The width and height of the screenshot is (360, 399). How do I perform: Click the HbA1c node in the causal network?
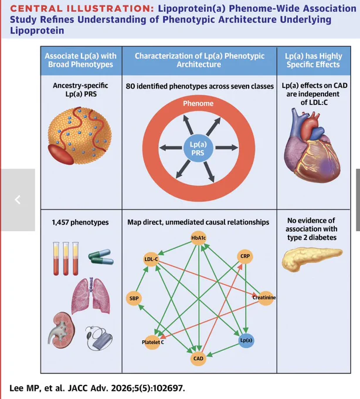(x=199, y=238)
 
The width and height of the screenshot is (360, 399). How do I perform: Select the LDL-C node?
(x=151, y=259)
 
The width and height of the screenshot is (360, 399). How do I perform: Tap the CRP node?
(x=245, y=256)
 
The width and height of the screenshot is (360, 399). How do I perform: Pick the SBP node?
(x=134, y=298)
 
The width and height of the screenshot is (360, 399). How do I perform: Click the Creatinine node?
(x=265, y=297)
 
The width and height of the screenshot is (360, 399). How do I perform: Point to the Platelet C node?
(x=152, y=342)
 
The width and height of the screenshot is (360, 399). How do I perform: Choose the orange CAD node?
(x=198, y=359)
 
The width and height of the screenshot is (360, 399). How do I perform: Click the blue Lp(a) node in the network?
(x=246, y=340)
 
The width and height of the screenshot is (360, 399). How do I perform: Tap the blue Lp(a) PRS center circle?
(x=198, y=148)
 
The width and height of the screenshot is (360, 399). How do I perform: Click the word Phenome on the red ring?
(x=198, y=104)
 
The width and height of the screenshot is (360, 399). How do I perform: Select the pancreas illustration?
(x=311, y=258)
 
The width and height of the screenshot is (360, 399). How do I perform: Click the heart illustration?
(x=312, y=145)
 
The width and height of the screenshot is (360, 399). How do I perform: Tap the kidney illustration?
(x=62, y=330)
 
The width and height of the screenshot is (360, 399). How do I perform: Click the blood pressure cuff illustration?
(x=99, y=338)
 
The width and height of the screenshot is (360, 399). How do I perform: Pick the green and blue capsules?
(x=101, y=257)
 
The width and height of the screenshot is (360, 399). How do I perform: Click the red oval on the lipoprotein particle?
(x=61, y=154)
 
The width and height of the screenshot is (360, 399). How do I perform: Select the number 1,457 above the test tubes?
(x=60, y=222)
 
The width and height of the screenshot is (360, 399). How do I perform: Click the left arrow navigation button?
(x=18, y=199)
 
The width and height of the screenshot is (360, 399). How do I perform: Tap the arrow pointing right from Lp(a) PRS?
(x=227, y=147)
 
